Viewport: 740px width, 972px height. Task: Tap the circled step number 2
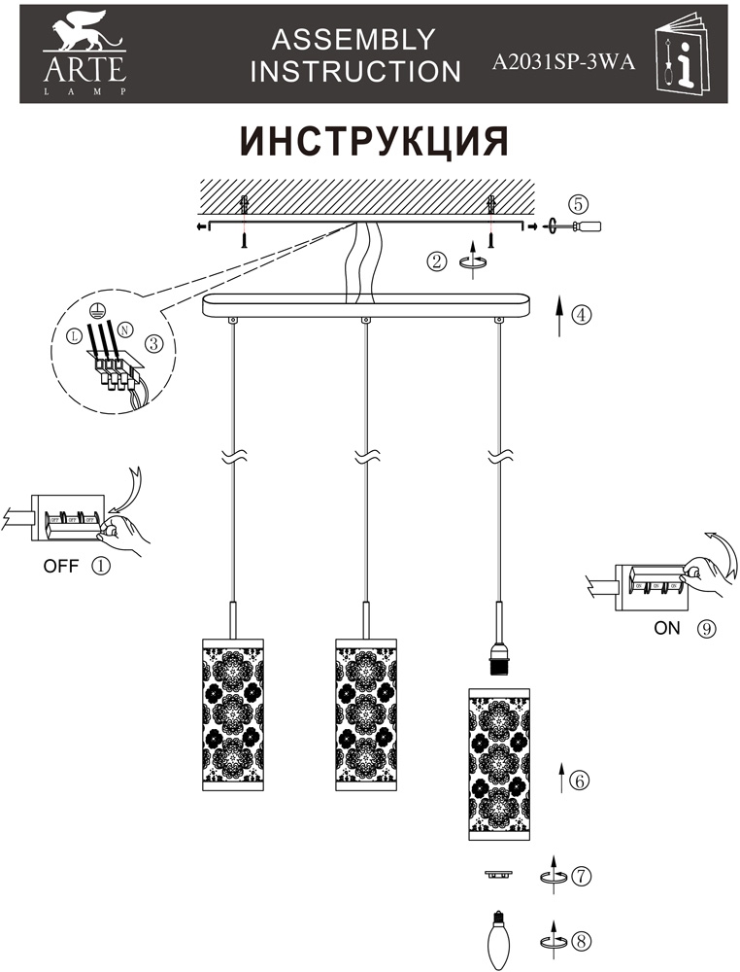(x=438, y=260)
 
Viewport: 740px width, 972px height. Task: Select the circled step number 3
(x=152, y=343)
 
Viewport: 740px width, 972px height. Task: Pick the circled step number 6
(x=580, y=780)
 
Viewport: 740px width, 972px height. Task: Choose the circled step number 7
(x=581, y=875)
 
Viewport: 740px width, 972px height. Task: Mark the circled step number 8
(x=581, y=941)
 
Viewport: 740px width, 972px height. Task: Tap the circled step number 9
(x=706, y=628)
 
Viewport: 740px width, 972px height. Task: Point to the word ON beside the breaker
(x=667, y=628)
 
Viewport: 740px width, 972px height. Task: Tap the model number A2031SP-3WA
(x=563, y=63)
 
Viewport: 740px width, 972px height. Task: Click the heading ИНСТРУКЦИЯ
(x=375, y=141)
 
